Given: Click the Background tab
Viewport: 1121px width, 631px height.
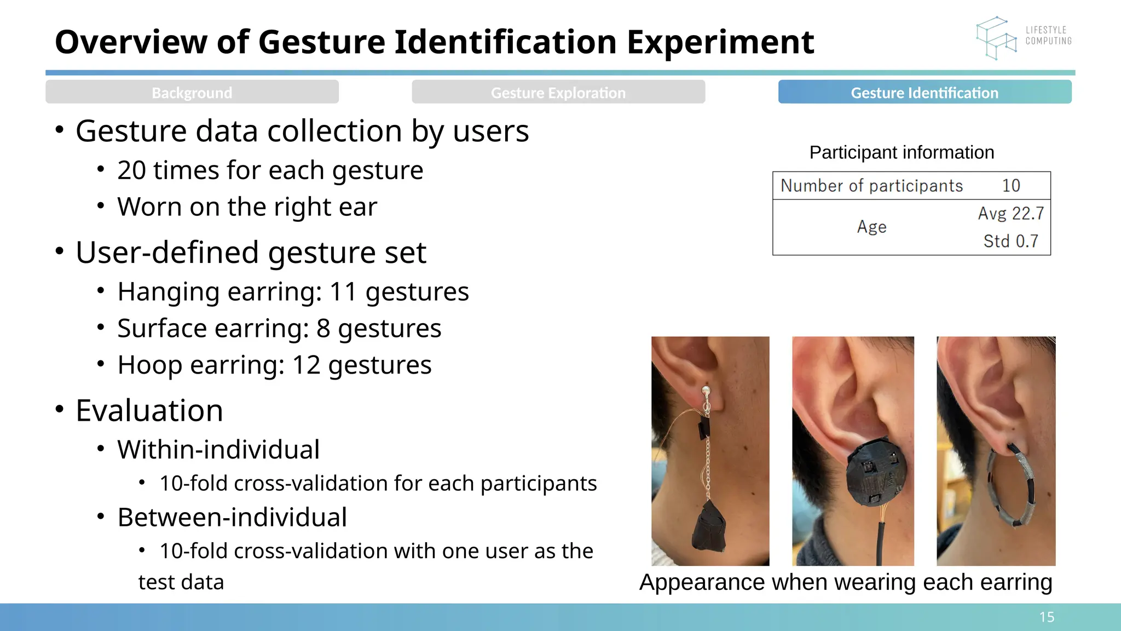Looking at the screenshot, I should [192, 93].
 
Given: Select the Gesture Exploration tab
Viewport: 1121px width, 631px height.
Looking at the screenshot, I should [558, 93].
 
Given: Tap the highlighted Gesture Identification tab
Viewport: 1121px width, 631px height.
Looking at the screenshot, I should [924, 93].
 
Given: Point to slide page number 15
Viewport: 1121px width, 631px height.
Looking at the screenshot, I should [1047, 617].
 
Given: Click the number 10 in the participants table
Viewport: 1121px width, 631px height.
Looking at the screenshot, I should [1011, 186].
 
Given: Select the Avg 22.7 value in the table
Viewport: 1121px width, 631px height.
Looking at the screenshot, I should [1011, 213].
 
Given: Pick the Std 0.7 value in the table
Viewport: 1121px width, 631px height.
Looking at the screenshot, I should [1010, 241].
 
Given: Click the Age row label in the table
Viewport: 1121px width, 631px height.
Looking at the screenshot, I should [871, 227].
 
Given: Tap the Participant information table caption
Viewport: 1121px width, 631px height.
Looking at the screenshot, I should [902, 152].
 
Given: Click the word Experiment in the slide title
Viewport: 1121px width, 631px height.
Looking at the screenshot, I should [720, 42].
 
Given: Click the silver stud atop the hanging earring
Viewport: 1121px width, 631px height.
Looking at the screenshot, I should [706, 392].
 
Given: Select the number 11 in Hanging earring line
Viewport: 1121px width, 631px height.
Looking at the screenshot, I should [344, 292].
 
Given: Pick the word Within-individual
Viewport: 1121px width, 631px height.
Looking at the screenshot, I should [218, 450].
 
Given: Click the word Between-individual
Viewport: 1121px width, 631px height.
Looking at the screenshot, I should [232, 517].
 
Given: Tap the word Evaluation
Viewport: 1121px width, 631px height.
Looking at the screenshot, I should [149, 410].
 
